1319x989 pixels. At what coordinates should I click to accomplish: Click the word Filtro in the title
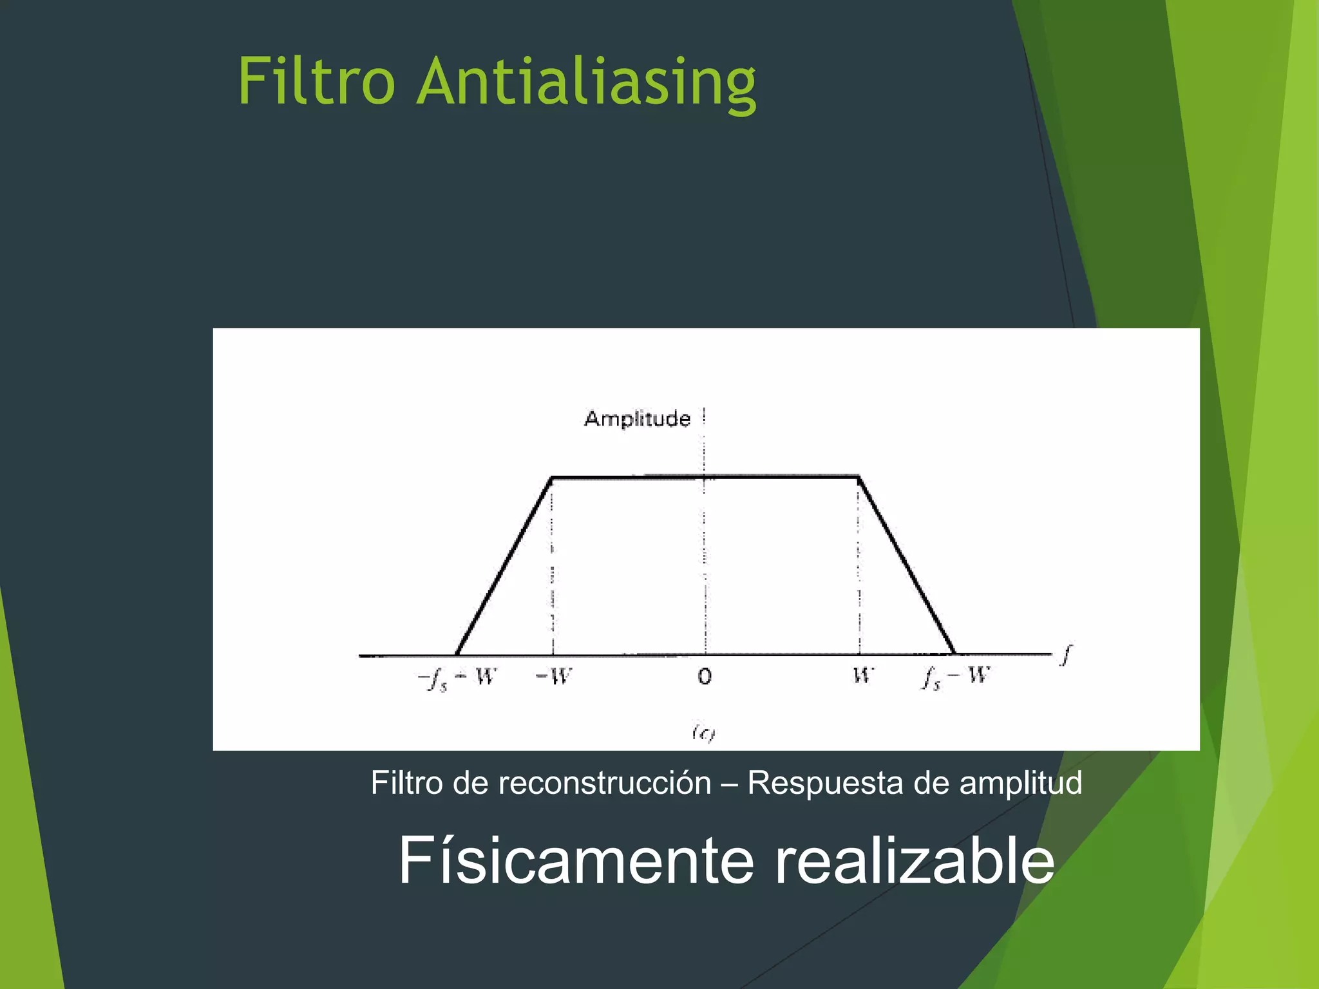click(316, 82)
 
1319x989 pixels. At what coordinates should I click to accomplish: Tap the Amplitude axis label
click(637, 419)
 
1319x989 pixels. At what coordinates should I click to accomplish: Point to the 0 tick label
click(705, 677)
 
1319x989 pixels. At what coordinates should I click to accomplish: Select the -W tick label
click(554, 677)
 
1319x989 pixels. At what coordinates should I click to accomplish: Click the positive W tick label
click(862, 675)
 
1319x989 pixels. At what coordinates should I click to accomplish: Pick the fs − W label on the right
click(956, 677)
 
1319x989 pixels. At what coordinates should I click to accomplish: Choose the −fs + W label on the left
click(457, 678)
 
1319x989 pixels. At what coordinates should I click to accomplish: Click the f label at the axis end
click(1067, 655)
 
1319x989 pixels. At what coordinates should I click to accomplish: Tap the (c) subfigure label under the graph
click(704, 733)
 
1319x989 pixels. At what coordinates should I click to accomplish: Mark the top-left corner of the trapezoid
click(552, 478)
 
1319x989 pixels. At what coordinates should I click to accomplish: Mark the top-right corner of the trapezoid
click(859, 477)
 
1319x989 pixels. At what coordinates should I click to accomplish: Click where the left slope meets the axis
click(457, 654)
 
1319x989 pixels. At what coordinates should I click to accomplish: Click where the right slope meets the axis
click(954, 653)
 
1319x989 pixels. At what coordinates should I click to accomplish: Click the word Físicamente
click(576, 861)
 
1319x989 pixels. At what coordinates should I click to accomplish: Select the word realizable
click(914, 861)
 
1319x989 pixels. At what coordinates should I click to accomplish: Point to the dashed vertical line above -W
click(553, 567)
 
